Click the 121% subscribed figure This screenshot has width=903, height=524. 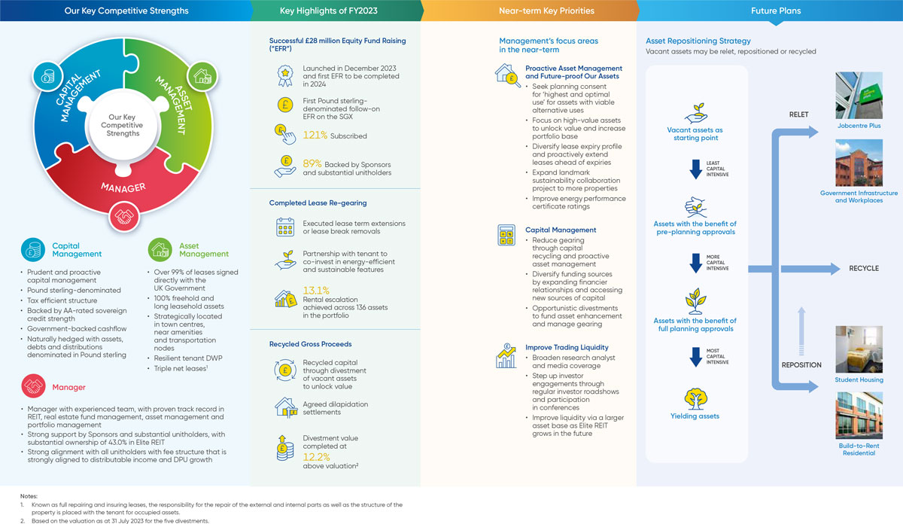pos(315,135)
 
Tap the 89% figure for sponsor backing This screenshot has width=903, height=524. pos(312,164)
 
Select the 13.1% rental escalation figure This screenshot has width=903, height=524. pos(316,291)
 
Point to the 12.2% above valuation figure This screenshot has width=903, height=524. pos(317,457)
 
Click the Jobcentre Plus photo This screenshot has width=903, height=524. pos(859,96)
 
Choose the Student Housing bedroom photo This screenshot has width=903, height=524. pos(859,349)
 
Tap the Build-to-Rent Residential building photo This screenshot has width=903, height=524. pos(859,416)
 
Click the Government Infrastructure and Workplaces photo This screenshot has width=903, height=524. pos(859,163)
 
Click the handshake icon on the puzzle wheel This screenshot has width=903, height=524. pos(124,217)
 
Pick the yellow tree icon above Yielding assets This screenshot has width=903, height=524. pos(695,398)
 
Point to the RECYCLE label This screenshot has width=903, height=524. pos(864,269)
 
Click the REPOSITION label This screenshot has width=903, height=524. pos(801,365)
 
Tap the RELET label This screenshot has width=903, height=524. pos(798,114)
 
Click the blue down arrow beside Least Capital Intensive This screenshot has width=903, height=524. pos(696,169)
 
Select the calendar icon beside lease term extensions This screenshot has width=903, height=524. pos(285,227)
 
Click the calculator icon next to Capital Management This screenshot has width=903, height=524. pos(506,235)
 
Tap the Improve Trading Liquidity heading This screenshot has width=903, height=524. pos(567,347)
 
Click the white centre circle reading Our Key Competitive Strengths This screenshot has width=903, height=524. pos(122,125)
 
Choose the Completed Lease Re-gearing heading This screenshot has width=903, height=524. pos(318,203)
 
